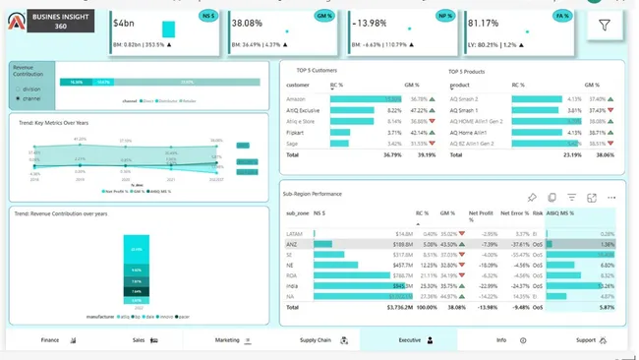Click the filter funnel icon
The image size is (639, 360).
(x=604, y=27)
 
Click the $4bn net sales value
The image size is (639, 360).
(x=124, y=22)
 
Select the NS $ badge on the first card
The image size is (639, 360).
(x=207, y=16)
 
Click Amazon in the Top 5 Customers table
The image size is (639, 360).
(x=295, y=99)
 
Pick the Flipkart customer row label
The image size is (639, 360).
(x=295, y=132)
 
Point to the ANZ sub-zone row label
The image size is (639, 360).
(x=292, y=243)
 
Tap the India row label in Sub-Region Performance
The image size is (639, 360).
(x=292, y=285)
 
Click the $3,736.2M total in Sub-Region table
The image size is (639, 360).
(x=392, y=307)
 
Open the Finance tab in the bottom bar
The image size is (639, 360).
(x=50, y=339)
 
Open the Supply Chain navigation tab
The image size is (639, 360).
(x=316, y=339)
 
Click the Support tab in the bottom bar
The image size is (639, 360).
(x=587, y=339)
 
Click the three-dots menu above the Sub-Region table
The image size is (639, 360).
(x=612, y=198)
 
